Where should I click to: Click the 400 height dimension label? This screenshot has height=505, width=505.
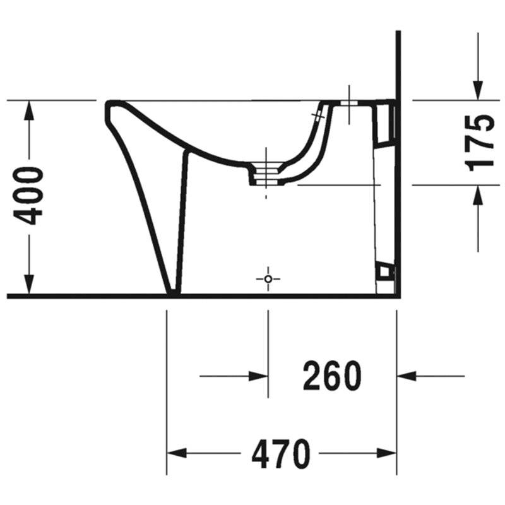[x=28, y=196]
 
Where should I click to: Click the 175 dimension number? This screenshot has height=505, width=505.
[x=480, y=143]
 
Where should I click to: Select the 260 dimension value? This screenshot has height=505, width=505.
[x=332, y=376]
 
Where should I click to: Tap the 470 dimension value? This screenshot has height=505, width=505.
[x=281, y=453]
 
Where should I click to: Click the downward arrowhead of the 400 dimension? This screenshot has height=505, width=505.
[x=29, y=285]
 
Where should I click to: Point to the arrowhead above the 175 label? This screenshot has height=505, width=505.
[x=478, y=90]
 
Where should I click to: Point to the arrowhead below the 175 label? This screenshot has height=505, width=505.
[x=478, y=195]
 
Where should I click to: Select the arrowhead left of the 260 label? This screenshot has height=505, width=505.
[x=258, y=376]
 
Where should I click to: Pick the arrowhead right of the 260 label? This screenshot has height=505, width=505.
[x=407, y=376]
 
